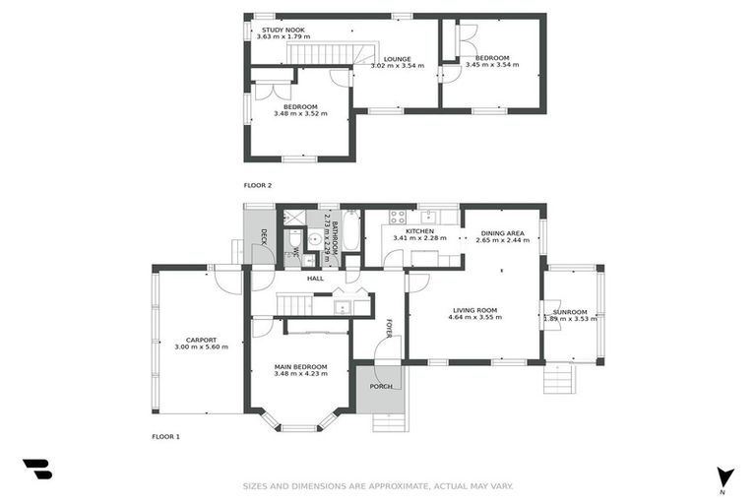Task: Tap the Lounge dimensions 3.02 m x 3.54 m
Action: click(397, 66)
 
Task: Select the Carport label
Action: click(201, 339)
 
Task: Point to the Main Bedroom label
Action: click(300, 366)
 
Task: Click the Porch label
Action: click(380, 386)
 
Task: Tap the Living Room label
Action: click(474, 309)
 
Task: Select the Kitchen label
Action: click(419, 231)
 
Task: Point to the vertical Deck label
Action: click(264, 236)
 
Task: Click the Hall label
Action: click(315, 279)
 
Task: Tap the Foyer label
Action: click(389, 328)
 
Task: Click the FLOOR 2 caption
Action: click(258, 185)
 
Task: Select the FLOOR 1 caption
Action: click(165, 436)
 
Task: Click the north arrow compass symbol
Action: click(725, 475)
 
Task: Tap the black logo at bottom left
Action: click(36, 470)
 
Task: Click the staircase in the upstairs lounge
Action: click(331, 53)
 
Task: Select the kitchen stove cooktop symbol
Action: click(399, 217)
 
